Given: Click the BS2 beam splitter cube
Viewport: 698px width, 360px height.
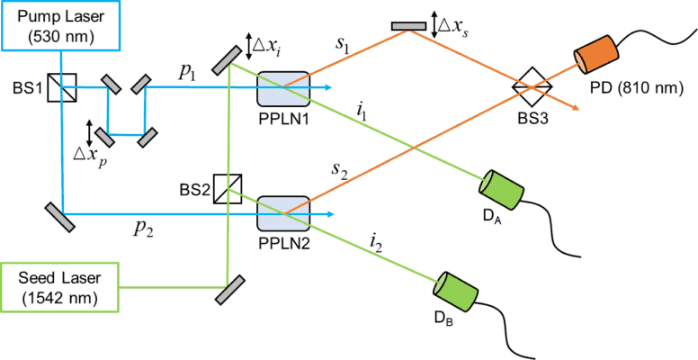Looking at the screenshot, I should [228, 189].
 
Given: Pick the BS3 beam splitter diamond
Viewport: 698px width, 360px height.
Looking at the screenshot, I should [531, 87].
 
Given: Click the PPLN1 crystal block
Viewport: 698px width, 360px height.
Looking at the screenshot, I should [284, 88].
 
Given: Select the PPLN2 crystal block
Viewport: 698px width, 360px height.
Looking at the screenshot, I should [284, 214].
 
